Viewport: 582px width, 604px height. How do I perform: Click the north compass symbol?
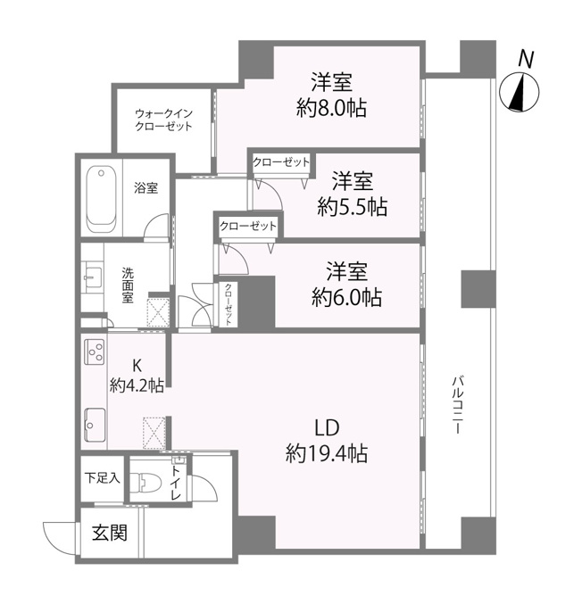pos(519,93)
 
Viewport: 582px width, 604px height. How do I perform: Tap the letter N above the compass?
pos(526,60)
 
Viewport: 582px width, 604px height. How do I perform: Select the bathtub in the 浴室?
pos(101,200)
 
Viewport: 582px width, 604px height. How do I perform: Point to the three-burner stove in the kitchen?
pos(95,352)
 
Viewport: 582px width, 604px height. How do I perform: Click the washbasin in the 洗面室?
pos(93,277)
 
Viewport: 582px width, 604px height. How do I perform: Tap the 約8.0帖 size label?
pos(331,108)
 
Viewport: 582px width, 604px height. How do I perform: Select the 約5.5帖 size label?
pos(353,208)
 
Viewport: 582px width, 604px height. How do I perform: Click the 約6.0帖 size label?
pos(346,297)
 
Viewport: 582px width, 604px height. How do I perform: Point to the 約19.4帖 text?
pos(327,453)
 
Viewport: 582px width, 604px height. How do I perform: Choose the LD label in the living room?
pos(327,427)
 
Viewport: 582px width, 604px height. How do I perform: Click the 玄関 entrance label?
pos(110,533)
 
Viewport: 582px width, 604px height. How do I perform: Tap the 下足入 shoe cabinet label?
pos(103,478)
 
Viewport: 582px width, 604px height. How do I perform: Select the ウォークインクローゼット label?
pos(164,120)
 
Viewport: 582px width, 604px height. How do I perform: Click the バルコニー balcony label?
pos(457,405)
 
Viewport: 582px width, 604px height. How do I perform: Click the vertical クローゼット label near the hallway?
pos(229,304)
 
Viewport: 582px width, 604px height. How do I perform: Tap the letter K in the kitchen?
pos(137,365)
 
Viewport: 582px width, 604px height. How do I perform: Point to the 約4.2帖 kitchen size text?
pos(137,385)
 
